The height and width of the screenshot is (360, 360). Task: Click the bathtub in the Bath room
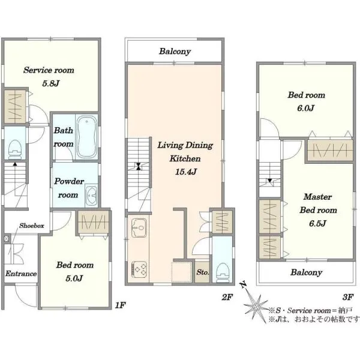(86, 137)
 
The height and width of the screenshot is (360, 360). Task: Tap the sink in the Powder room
(91, 196)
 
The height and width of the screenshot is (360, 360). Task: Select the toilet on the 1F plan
(15, 149)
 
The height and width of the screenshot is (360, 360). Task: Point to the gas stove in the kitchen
(139, 269)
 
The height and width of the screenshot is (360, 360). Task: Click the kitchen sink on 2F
(139, 228)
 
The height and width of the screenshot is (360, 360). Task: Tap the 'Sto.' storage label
(203, 272)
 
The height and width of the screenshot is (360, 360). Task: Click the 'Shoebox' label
(32, 226)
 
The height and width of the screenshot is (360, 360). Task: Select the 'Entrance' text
(21, 274)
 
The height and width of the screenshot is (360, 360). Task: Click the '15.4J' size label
(186, 172)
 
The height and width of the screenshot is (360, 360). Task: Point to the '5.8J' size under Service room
(51, 83)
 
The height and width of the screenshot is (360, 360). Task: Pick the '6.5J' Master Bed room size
(317, 223)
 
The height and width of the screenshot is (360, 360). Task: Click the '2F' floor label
(227, 298)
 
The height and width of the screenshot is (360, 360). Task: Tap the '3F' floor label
(348, 298)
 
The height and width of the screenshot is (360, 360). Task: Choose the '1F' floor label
(120, 305)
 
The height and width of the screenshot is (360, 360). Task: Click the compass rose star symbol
(256, 306)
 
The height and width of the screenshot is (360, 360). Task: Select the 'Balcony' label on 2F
(175, 52)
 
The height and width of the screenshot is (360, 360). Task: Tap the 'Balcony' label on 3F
(306, 272)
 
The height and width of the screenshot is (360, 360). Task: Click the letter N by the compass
(243, 284)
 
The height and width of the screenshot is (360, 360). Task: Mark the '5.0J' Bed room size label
(74, 278)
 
